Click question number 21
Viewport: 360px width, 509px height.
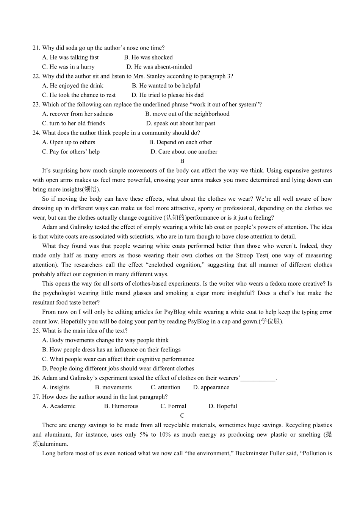[x=36, y=48]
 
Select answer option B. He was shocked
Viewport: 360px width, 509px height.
[x=148, y=57]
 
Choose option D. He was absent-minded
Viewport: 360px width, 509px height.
[x=159, y=67]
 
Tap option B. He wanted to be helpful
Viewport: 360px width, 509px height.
[x=166, y=86]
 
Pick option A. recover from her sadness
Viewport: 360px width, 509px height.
[x=78, y=114]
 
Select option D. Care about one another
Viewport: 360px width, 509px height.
[x=184, y=151]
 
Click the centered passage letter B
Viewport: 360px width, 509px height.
[x=182, y=161]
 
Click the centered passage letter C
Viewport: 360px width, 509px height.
[x=182, y=415]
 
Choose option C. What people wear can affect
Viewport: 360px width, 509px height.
[x=118, y=359]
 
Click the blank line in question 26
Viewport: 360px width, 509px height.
[x=258, y=378]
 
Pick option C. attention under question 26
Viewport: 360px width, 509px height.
[x=165, y=387]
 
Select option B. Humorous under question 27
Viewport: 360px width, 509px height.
[x=121, y=406]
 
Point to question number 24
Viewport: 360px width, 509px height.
[x=36, y=133]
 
